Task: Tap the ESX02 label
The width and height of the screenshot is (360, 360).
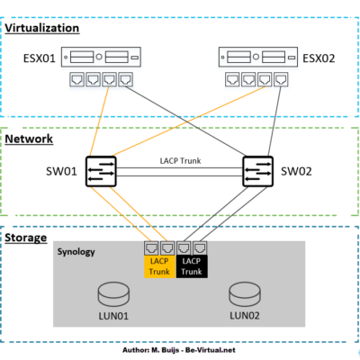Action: [x=319, y=59]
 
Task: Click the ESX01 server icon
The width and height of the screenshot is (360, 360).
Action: [x=104, y=58]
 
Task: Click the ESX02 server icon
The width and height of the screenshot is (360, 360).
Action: [x=257, y=58]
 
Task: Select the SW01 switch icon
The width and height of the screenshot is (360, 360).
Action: [x=102, y=171]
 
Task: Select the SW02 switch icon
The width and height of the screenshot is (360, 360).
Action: [x=258, y=171]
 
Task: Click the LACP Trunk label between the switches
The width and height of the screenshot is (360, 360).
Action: [x=179, y=159]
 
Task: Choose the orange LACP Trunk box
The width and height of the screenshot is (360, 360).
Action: [x=160, y=265]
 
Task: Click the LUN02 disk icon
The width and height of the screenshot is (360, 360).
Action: [x=245, y=294]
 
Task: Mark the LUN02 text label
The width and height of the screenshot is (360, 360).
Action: [x=245, y=316]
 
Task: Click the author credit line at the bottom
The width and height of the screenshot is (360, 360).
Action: [x=179, y=349]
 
